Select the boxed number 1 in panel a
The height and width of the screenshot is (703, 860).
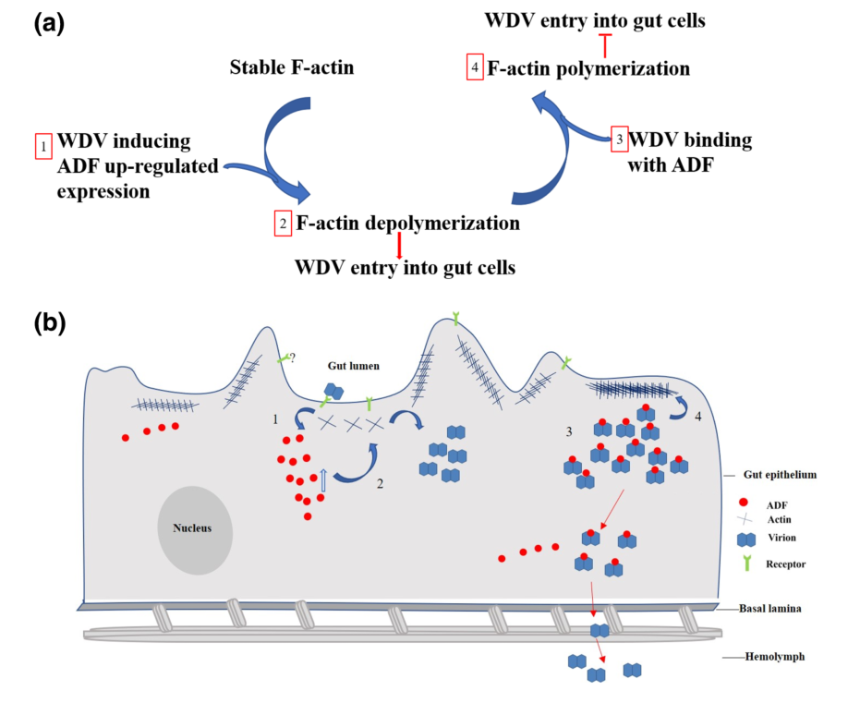point(42,145)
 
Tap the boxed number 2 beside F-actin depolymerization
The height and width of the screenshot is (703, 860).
point(283,224)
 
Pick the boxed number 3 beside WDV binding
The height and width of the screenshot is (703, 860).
point(620,139)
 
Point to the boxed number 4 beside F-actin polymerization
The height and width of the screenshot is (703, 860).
point(475,68)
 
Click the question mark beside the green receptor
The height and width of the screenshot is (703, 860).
point(293,357)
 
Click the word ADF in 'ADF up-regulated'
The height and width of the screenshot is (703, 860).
point(79,166)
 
